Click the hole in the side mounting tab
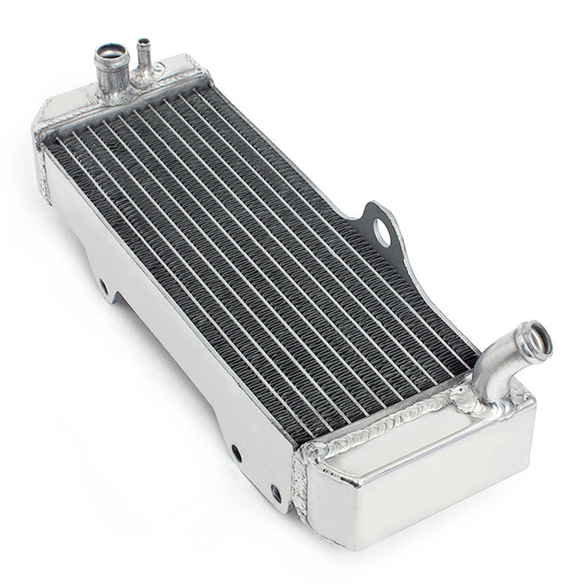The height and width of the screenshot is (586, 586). (x=382, y=229)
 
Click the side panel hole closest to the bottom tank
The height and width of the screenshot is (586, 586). (x=275, y=493)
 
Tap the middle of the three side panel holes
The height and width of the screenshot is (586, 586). (x=235, y=452)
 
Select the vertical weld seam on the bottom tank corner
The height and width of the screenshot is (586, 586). (x=300, y=484)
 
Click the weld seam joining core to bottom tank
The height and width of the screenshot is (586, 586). (x=375, y=430)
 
